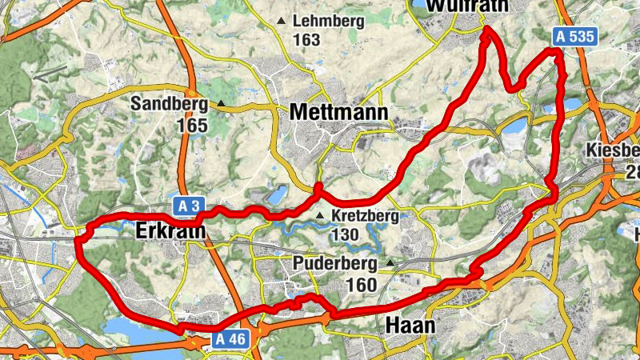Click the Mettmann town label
click(x=338, y=113)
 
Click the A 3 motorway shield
click(x=187, y=207)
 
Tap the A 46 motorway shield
click(x=233, y=340)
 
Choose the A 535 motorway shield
click(x=575, y=35)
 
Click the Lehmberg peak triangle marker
click(x=281, y=21)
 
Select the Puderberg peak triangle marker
click(x=390, y=262)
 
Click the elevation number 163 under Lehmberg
click(x=306, y=39)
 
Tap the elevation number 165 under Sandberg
click(x=193, y=126)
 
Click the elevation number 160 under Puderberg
click(x=362, y=285)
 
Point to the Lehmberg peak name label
click(x=329, y=21)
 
